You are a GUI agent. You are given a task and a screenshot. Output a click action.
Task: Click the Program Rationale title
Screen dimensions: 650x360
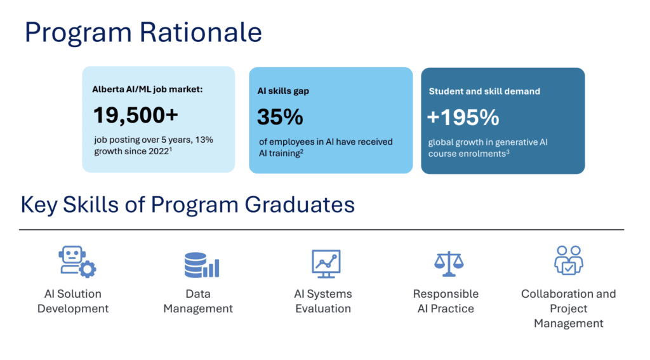pyautogui.click(x=143, y=33)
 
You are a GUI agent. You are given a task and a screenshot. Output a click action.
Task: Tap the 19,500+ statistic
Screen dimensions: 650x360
pyautogui.click(x=136, y=115)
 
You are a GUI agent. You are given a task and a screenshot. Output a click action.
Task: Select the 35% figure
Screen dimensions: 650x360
pyautogui.click(x=280, y=117)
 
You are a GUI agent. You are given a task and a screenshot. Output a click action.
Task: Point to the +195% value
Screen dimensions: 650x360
pyautogui.click(x=463, y=117)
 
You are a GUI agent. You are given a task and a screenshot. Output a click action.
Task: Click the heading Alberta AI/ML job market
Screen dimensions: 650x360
pyautogui.click(x=147, y=89)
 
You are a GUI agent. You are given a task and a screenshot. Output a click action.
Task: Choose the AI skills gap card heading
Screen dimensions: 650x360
pyautogui.click(x=283, y=91)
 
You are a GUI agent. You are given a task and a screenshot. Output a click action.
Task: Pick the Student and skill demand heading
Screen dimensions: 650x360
pyautogui.click(x=484, y=91)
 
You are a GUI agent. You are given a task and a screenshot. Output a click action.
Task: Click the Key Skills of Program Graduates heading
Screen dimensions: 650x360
pyautogui.click(x=188, y=204)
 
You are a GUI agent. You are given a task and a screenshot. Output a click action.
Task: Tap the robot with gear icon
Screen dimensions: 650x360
pyautogui.click(x=77, y=262)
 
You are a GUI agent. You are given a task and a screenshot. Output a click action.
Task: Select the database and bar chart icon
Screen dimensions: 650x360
pyautogui.click(x=202, y=265)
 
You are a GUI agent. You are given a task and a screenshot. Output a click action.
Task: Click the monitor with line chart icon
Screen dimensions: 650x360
pyautogui.click(x=326, y=263)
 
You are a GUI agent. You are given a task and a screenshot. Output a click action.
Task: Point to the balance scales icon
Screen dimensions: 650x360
pyautogui.click(x=449, y=263)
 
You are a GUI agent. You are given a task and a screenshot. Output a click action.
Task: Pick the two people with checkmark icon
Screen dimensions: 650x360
pyautogui.click(x=569, y=260)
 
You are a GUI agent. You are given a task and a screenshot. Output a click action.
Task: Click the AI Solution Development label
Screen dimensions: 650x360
pyautogui.click(x=73, y=301)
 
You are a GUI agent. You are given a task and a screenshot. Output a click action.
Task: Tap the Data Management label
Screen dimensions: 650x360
pyautogui.click(x=198, y=301)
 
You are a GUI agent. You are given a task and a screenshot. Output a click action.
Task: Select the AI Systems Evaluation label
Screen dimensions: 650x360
pyautogui.click(x=323, y=301)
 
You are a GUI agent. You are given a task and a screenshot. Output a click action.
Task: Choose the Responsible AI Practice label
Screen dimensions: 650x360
pyautogui.click(x=446, y=301)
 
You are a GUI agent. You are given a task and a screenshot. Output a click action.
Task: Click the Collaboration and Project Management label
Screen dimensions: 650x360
pyautogui.click(x=569, y=308)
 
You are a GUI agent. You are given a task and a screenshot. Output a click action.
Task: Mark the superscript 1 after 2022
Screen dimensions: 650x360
pyautogui.click(x=170, y=149)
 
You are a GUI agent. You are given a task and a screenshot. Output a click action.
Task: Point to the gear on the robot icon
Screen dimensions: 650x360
pyautogui.click(x=87, y=269)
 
